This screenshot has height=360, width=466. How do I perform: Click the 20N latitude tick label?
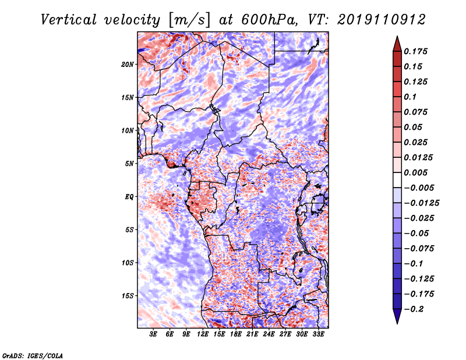[128, 64]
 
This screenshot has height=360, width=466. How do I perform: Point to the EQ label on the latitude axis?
[129, 196]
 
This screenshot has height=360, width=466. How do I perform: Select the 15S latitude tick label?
[128, 295]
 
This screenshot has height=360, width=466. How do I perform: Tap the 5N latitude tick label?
[129, 164]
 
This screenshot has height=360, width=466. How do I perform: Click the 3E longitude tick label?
[153, 335]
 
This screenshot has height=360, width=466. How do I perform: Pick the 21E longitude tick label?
[252, 335]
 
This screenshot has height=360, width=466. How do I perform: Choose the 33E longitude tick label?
[318, 335]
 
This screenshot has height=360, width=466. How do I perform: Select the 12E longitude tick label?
[203, 335]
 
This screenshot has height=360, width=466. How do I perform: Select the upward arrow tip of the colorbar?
[397, 38]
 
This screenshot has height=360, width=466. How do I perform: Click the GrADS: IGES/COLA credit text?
[33, 355]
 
